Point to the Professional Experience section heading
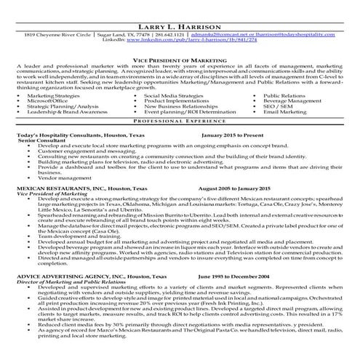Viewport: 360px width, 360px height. [180, 121]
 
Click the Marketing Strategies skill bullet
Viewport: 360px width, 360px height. [55, 95]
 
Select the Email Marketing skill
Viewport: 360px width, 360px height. [284, 113]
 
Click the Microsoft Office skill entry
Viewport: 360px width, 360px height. [49, 101]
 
